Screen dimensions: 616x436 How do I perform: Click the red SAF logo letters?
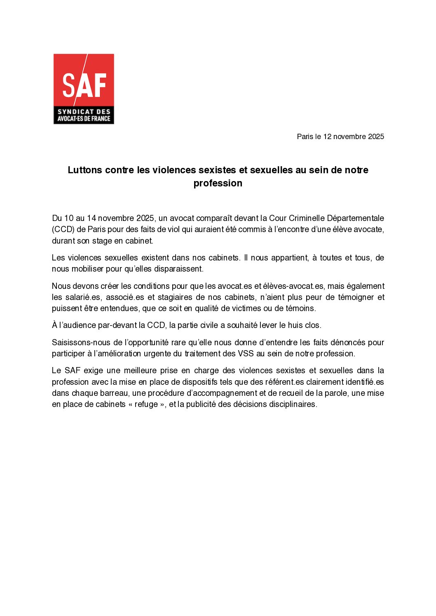84,85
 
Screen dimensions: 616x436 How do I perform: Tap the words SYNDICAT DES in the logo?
84,112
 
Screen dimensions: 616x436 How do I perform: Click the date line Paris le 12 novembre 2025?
340,137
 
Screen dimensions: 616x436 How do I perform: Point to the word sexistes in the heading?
217,170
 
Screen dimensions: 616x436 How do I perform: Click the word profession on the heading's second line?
218,183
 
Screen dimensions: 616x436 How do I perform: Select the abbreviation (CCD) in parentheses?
63,229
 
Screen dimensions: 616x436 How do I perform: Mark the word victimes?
246,308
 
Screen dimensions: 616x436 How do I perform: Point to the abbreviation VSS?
246,353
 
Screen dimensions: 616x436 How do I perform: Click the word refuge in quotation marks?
146,404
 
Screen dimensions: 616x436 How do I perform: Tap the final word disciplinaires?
293,404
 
